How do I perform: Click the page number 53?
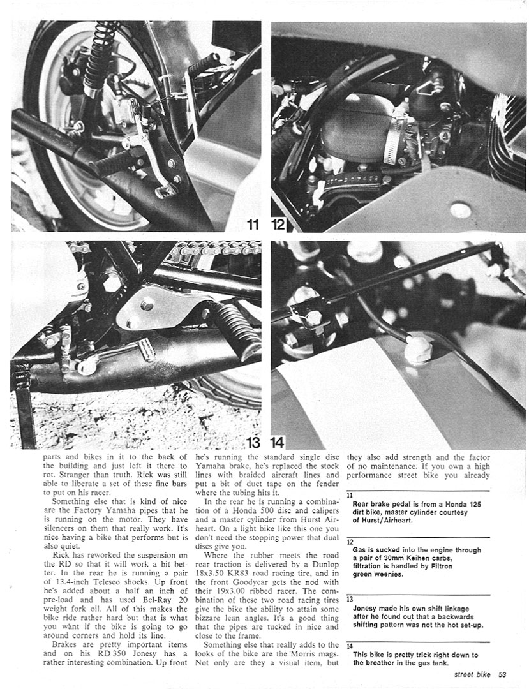[x=503, y=674]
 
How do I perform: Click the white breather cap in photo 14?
[x=418, y=349]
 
